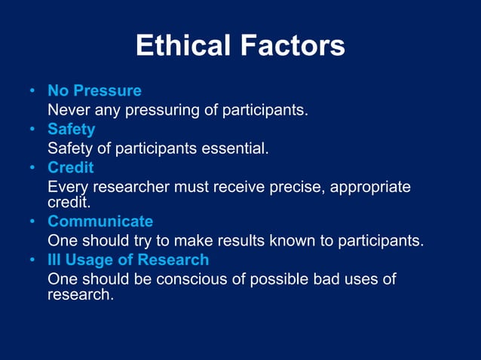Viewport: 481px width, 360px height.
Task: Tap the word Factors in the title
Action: [x=293, y=47]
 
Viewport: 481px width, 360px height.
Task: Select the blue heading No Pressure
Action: [x=94, y=91]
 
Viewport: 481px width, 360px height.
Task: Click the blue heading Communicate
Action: [x=100, y=222]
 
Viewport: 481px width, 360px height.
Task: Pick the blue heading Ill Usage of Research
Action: [x=128, y=260]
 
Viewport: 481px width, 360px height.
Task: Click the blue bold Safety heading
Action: [x=71, y=129]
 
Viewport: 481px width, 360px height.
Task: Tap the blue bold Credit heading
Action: [x=70, y=167]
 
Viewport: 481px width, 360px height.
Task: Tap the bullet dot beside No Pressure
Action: [x=32, y=92]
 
